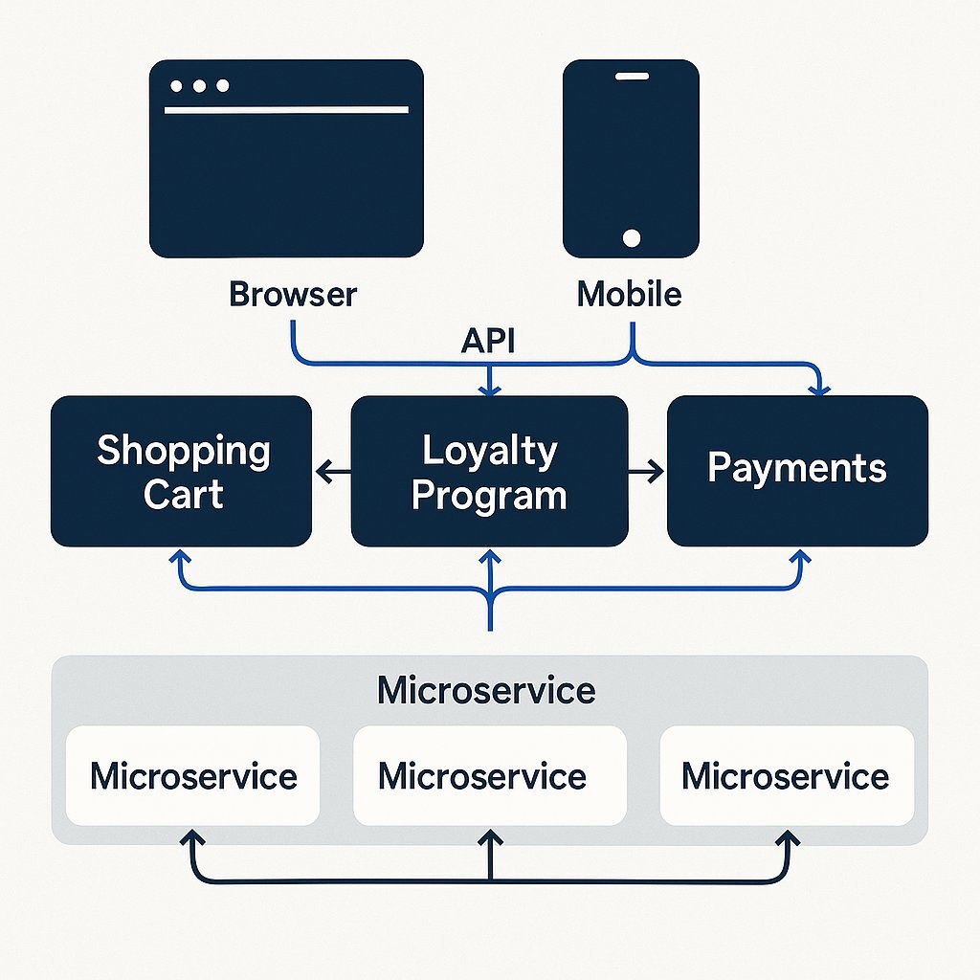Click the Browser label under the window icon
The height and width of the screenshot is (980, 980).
[x=293, y=293]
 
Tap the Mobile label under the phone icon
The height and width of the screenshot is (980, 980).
[x=629, y=293]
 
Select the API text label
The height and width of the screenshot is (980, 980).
[x=488, y=341]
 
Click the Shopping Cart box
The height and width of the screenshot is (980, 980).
[x=182, y=471]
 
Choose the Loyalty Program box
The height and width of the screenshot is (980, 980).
[x=489, y=471]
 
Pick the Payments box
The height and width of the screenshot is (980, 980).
[x=797, y=471]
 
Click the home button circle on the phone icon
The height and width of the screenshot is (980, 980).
[x=631, y=236]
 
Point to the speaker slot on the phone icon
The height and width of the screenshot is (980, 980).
[x=631, y=77]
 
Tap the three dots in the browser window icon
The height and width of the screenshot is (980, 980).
[x=199, y=86]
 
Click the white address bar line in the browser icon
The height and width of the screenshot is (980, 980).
[x=286, y=110]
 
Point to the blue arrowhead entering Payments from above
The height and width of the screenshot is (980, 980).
[x=819, y=388]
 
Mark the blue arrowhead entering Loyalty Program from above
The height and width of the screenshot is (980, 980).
[x=490, y=388]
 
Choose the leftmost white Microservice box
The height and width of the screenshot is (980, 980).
[x=192, y=775]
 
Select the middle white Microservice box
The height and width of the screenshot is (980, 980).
[x=489, y=775]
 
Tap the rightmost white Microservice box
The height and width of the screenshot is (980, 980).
[x=787, y=775]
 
